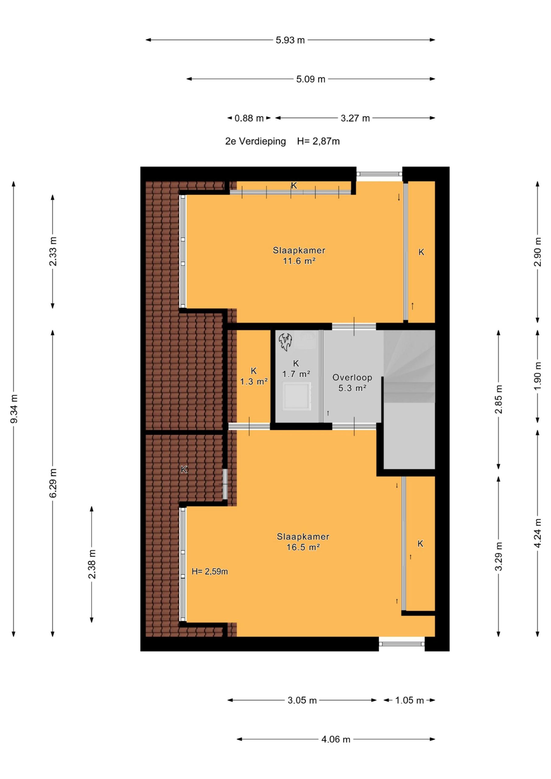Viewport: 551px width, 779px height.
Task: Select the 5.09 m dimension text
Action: (x=311, y=79)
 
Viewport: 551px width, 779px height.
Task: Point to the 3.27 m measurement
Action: (x=355, y=118)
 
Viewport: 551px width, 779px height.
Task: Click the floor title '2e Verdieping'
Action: (x=255, y=141)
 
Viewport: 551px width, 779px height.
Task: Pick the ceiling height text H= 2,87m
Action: (x=318, y=141)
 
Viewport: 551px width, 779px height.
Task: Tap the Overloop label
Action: (x=352, y=377)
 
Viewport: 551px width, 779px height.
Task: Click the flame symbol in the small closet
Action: (x=285, y=342)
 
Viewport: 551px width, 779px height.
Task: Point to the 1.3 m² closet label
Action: (x=254, y=382)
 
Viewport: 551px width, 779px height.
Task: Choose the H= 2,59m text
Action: (x=209, y=572)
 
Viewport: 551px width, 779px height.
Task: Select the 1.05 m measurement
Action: (x=409, y=700)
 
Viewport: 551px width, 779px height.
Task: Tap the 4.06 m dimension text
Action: (x=336, y=739)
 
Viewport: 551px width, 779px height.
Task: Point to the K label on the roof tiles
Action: (x=184, y=470)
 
